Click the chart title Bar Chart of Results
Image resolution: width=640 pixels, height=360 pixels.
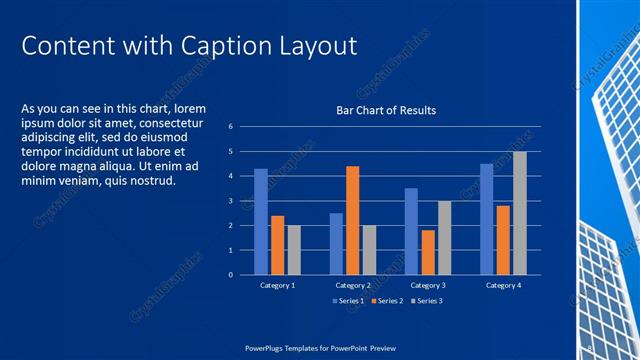point(385,110)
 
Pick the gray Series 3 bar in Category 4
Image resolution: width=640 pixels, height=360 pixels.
point(519,213)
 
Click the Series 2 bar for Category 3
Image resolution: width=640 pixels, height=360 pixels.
point(428,252)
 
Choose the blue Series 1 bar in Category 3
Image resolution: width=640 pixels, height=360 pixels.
point(411,231)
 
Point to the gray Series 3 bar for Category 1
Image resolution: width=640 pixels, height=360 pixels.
point(294,249)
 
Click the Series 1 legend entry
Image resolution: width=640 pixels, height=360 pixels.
point(349,301)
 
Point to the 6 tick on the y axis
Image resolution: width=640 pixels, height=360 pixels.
point(230,127)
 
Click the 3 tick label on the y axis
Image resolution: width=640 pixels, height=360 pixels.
point(230,201)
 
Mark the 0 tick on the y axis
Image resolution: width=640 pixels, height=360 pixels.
point(230,275)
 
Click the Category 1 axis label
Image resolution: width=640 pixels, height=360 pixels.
point(277,285)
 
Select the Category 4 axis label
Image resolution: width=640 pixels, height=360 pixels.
point(503,285)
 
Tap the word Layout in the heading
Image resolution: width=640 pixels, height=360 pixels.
point(315,46)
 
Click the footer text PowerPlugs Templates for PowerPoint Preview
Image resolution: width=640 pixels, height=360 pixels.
point(319,347)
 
